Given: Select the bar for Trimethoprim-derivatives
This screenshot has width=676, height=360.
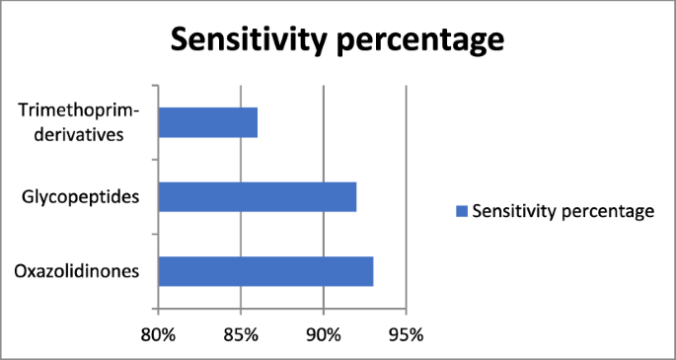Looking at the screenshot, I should pyautogui.click(x=207, y=122).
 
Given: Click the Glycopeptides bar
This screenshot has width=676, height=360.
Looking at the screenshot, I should pyautogui.click(x=257, y=196).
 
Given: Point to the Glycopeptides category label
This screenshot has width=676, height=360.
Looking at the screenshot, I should pyautogui.click(x=80, y=197).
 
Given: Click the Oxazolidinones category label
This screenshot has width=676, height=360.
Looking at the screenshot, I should pyautogui.click(x=77, y=271).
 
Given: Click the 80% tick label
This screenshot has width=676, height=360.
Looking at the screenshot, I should pyautogui.click(x=158, y=334).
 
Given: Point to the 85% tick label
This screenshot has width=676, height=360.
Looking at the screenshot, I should pyautogui.click(x=241, y=334).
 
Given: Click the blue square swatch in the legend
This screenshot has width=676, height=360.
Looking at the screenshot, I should pyautogui.click(x=459, y=211).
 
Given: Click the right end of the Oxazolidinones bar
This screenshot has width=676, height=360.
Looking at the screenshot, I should pyautogui.click(x=372, y=270).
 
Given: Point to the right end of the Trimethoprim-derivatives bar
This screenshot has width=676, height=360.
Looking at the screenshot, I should pyautogui.click(x=257, y=122).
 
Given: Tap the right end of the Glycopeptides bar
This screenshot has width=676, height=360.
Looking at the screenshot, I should pyautogui.click(x=355, y=196).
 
